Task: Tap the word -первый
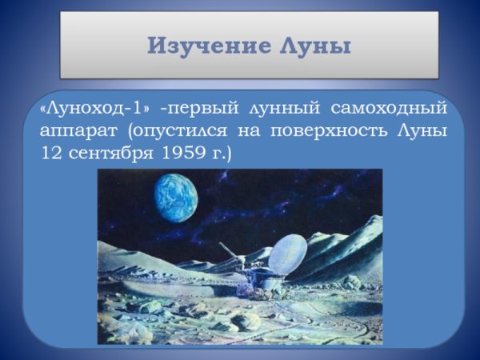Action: [198, 107]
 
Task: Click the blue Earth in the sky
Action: [175, 198]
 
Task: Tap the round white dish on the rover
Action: [287, 254]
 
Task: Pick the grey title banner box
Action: [250, 45]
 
